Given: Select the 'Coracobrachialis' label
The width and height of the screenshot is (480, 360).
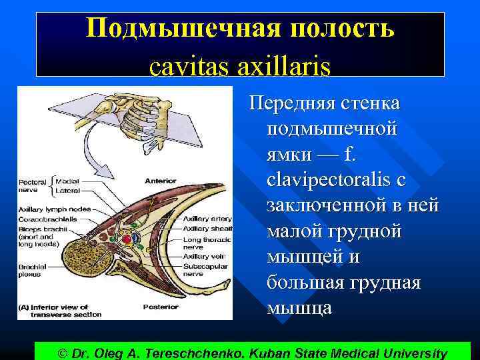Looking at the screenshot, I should tap(47, 218).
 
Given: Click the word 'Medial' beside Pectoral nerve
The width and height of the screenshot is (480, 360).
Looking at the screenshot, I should tap(67, 181).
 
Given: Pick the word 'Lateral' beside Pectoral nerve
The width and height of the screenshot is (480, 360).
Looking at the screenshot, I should tap(67, 190).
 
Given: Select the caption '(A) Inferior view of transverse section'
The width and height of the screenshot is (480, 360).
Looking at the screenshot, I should tap(60, 311).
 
